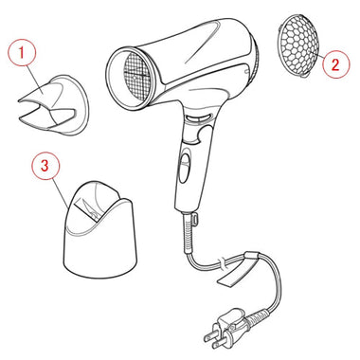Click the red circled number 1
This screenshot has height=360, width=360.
(22, 52)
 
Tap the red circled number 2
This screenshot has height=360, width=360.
(335, 64)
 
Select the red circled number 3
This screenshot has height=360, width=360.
(45, 166)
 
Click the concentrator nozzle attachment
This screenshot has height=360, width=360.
(52, 105)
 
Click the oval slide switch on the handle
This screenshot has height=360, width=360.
(185, 167)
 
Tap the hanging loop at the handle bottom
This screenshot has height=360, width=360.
(194, 218)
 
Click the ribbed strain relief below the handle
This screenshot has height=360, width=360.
(189, 233)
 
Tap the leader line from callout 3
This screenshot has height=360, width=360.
(61, 192)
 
